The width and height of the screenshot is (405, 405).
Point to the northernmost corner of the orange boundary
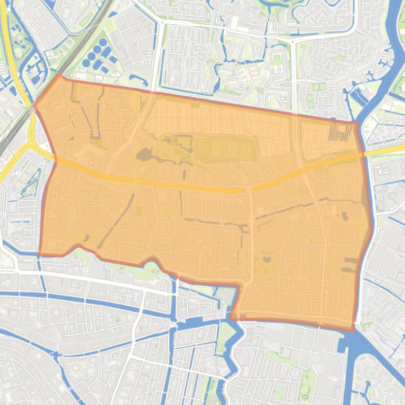(x=59, y=75)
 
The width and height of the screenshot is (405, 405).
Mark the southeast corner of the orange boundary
(x=352, y=330)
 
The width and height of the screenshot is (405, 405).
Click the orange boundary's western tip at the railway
(x=35, y=105)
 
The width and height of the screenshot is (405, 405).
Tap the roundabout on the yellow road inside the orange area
(x=249, y=188)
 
